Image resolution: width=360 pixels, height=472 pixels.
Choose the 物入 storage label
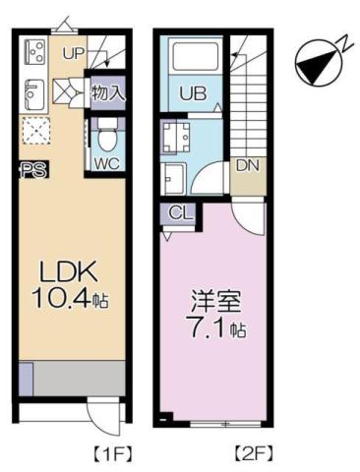click(x=106, y=94)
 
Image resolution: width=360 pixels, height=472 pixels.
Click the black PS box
click(x=29, y=169)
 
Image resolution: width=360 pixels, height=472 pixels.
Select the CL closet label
click(x=178, y=213)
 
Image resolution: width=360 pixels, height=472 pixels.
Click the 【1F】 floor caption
click(x=112, y=453)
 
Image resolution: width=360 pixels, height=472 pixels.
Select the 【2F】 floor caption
click(x=252, y=453)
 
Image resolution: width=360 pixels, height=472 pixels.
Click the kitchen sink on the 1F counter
click(x=32, y=93)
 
